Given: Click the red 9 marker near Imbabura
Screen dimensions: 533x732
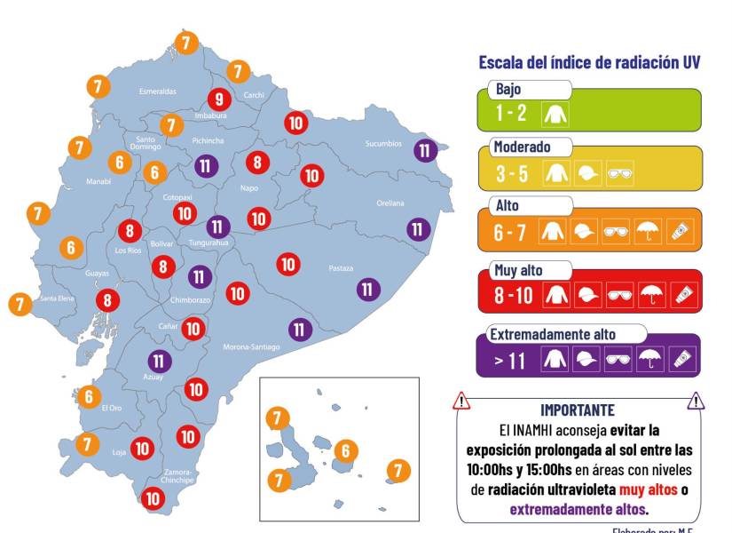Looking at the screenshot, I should point(218,99).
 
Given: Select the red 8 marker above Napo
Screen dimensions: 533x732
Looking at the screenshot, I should point(257,162).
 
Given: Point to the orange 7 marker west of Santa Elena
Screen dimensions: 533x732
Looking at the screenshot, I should point(20,304).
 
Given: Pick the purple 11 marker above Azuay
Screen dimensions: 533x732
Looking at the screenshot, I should point(159,361).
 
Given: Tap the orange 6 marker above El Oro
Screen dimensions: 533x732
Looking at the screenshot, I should point(89,396).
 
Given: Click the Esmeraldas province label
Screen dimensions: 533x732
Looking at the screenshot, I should point(158,91).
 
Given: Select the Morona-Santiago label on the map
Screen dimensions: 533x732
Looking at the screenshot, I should point(251,346).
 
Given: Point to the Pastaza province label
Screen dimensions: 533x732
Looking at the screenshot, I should point(341,268).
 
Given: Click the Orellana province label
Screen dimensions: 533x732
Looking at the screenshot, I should point(390,203).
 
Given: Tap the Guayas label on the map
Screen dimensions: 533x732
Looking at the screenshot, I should point(97,274).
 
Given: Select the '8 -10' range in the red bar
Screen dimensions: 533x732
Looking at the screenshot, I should point(514,295).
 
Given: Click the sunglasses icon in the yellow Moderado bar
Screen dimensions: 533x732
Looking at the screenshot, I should point(618,174).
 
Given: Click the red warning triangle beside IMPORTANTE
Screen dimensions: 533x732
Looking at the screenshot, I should point(461,402).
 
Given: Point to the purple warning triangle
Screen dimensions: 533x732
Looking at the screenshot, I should point(696,402).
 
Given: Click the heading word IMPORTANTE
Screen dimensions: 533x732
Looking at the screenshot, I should point(577,410).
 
